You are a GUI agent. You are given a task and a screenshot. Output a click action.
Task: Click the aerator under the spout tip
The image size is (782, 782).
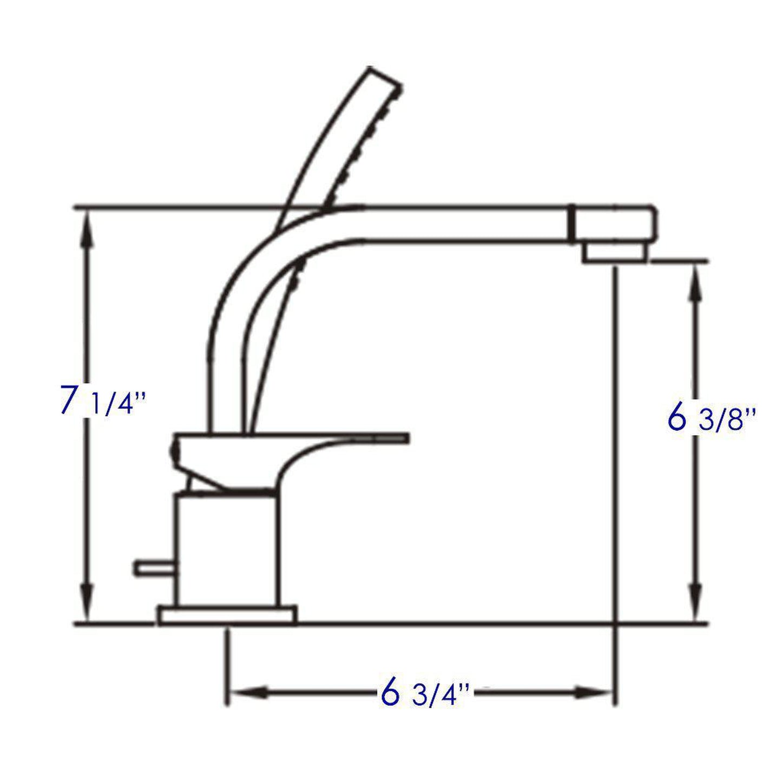click(x=614, y=252)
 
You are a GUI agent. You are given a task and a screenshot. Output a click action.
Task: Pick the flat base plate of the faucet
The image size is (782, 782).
click(x=227, y=615)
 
